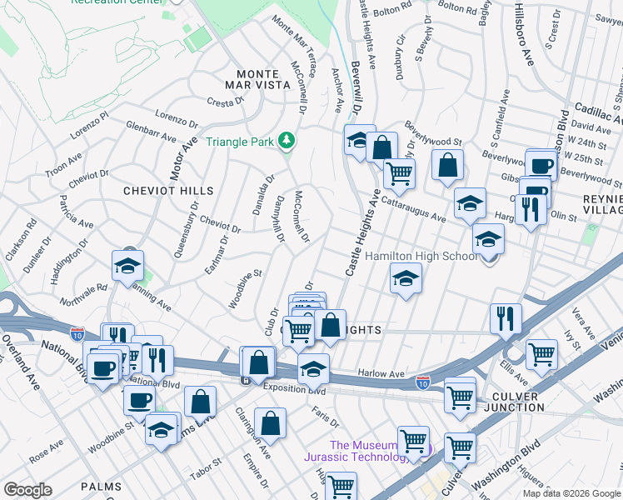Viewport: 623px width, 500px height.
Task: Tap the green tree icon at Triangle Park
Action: (287, 140)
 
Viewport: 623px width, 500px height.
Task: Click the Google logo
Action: (27, 490)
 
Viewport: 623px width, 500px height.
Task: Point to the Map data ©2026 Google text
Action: (571, 493)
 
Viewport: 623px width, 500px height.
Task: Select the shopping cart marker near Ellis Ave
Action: (541, 354)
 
